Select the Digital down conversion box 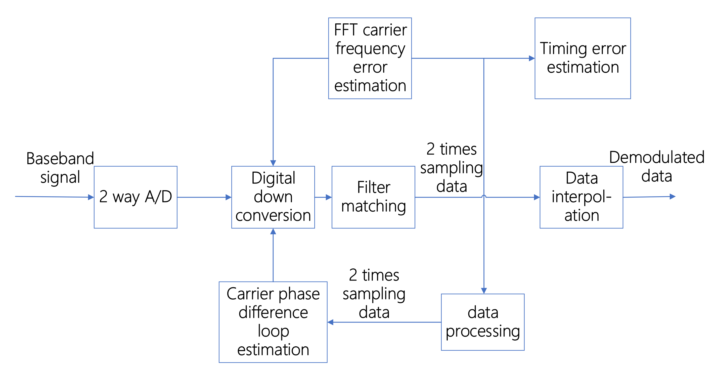[273, 197]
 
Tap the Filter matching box [373, 197]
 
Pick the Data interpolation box [581, 197]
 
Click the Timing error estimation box [583, 58]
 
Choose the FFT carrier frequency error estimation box [370, 58]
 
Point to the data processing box [482, 322]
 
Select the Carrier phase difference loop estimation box [273, 322]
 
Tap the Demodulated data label [656, 166]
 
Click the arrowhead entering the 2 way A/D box [91, 197]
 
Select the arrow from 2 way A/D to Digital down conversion [204, 197]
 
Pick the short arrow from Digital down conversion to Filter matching [323, 197]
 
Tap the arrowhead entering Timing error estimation [531, 58]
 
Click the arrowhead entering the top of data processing [484, 291]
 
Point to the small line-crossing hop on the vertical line [484, 196]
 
